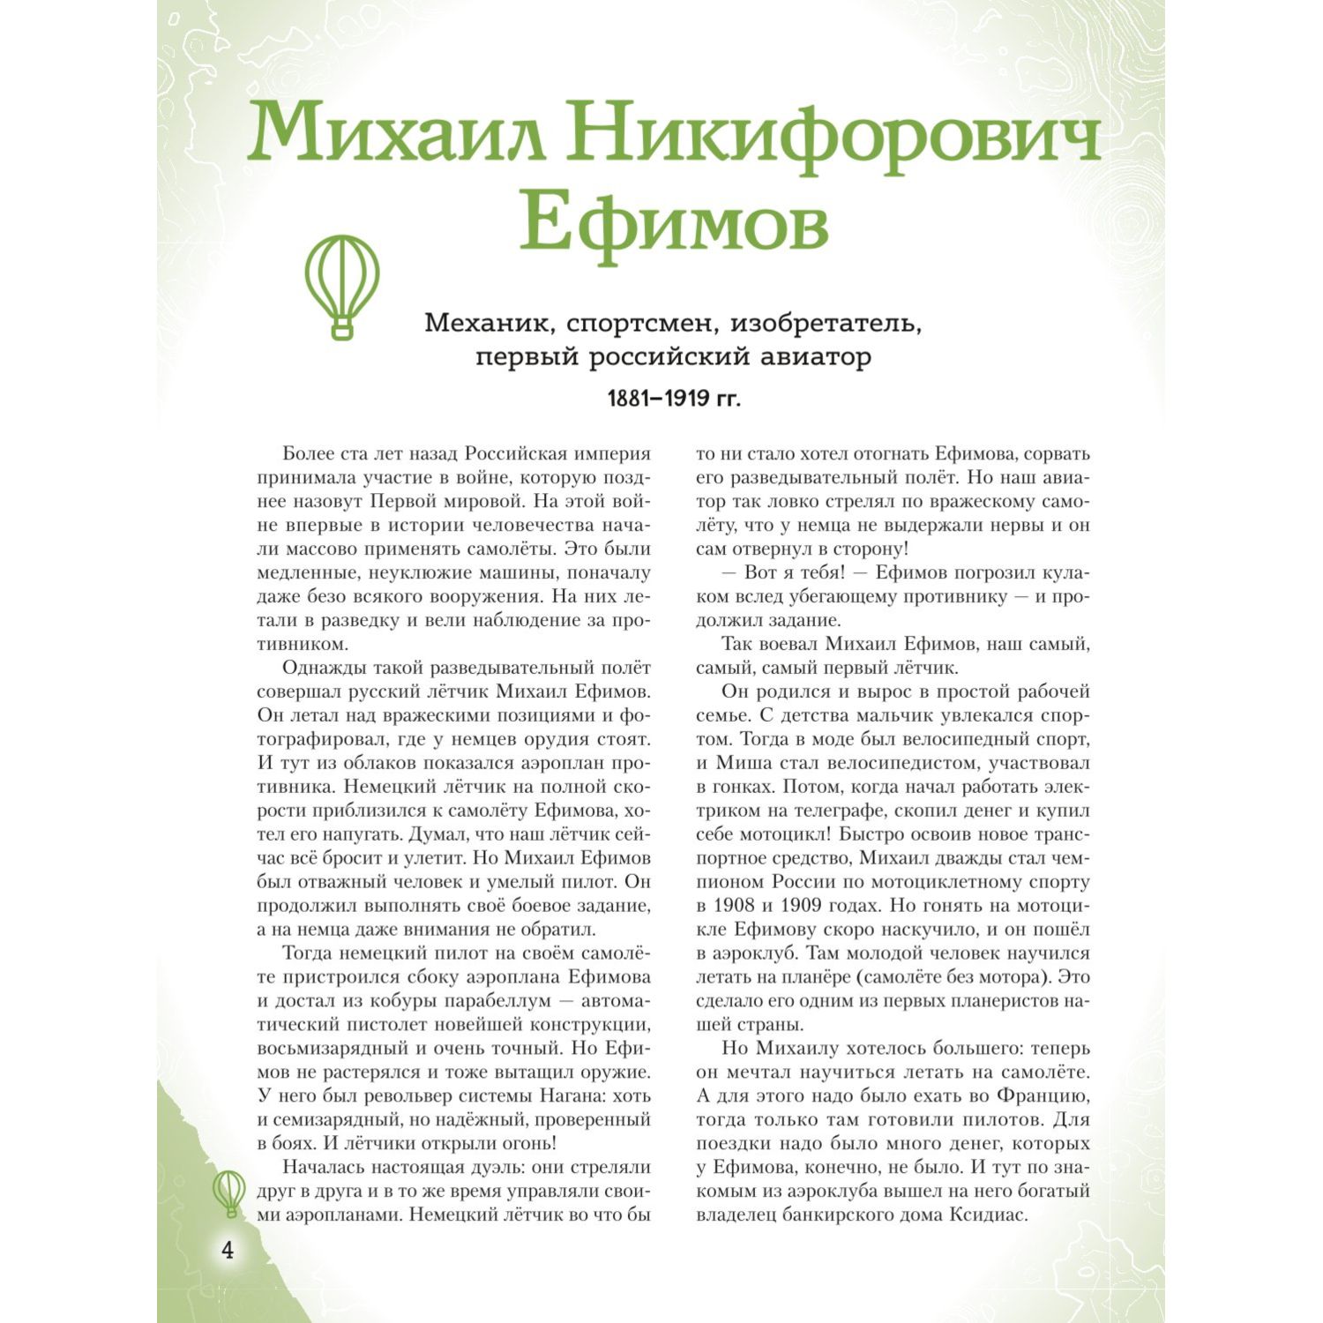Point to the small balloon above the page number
229,1192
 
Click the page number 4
228,1250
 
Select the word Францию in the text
1042,1096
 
